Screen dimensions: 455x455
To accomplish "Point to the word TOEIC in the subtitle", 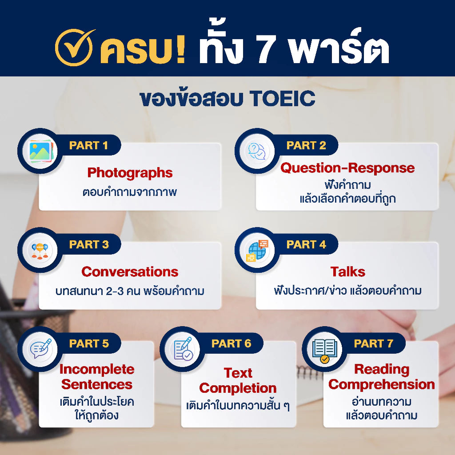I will [283, 99].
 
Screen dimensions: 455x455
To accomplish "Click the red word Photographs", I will [130, 172].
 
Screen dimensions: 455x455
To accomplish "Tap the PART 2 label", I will [306, 145].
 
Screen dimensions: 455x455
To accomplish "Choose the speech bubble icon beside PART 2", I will [257, 152].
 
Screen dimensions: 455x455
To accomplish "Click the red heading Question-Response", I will [347, 168].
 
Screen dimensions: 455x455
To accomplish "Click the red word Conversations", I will [130, 271].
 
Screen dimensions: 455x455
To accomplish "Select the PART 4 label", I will [306, 244].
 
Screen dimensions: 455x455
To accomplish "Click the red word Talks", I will [347, 271].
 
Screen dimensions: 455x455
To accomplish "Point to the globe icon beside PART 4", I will [257, 251].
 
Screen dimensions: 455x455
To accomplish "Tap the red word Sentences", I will [97, 384].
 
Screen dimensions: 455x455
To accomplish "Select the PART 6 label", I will [231, 343].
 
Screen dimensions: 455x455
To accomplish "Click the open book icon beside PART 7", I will [324, 350].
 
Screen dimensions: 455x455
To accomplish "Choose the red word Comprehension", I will [381, 384].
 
